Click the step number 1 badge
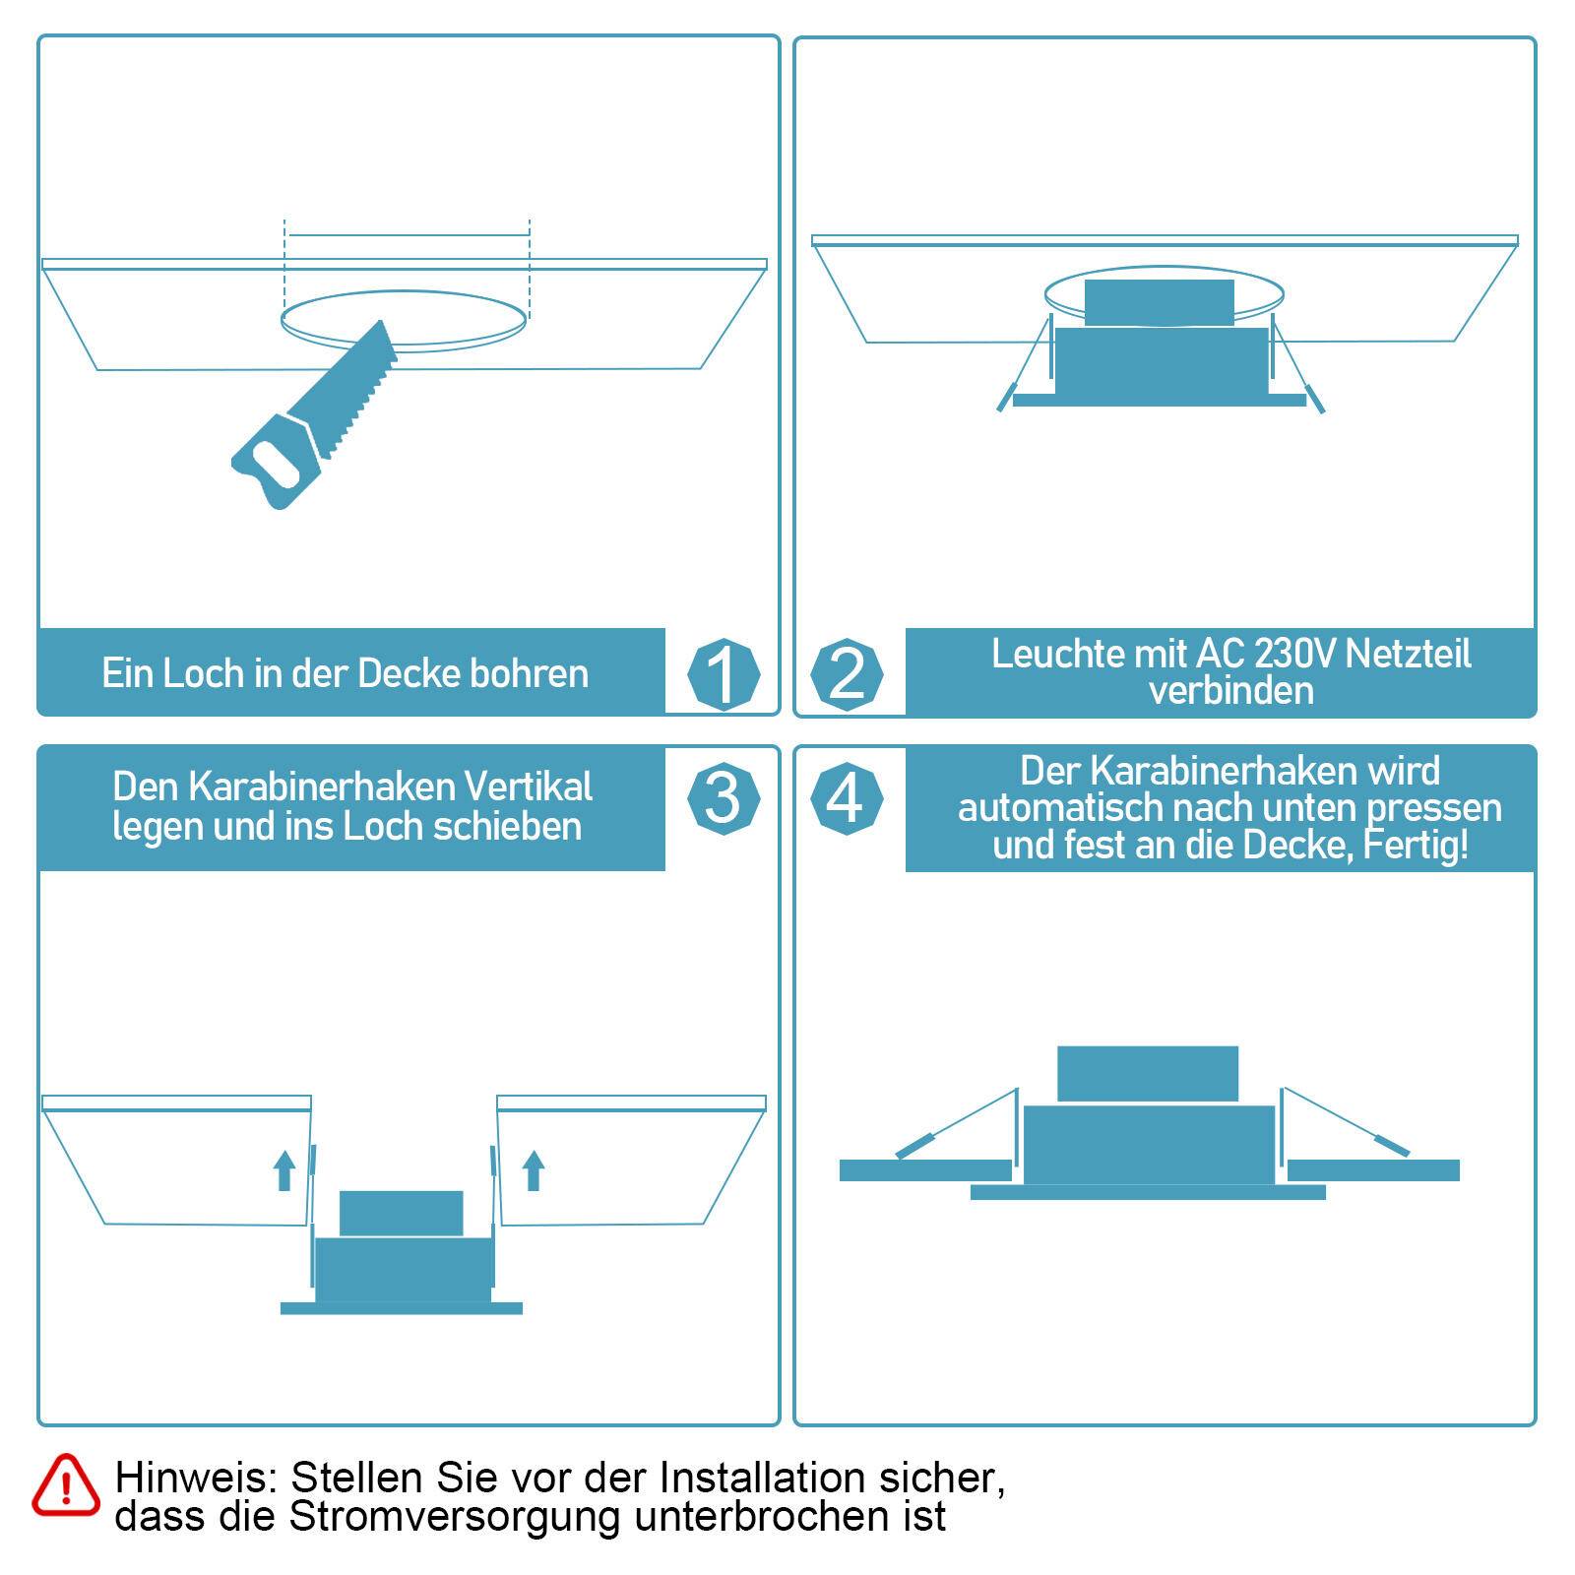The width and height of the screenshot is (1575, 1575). pos(724,675)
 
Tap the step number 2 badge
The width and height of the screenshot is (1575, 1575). pos(847,675)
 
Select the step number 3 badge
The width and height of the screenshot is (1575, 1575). pos(724,797)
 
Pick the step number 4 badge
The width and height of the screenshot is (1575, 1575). pos(847,797)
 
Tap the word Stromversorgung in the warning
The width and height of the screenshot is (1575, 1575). pos(454,1517)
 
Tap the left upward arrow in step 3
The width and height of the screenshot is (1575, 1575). pos(284,1170)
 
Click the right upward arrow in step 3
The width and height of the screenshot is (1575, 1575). pos(534,1170)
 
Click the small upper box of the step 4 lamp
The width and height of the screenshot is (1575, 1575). pos(1147,1073)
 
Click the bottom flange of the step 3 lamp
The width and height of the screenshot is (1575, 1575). pos(401,1308)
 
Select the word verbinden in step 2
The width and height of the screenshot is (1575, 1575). pos(1230,691)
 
